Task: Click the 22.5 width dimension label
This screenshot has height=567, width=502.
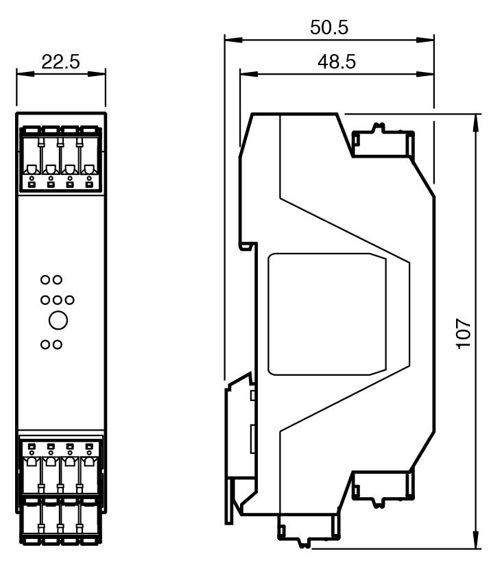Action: [60, 62]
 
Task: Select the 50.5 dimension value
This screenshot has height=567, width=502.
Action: [329, 27]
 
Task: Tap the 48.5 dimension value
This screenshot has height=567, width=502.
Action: [337, 62]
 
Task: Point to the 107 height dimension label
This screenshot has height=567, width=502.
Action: [464, 334]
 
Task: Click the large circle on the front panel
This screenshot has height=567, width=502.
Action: [58, 320]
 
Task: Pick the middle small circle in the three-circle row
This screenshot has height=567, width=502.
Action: [58, 300]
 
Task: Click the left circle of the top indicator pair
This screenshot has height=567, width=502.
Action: [45, 280]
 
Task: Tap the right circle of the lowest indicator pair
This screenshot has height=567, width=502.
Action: [58, 345]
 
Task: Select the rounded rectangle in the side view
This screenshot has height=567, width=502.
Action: [327, 314]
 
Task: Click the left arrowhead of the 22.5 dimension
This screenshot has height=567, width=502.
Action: [25, 75]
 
